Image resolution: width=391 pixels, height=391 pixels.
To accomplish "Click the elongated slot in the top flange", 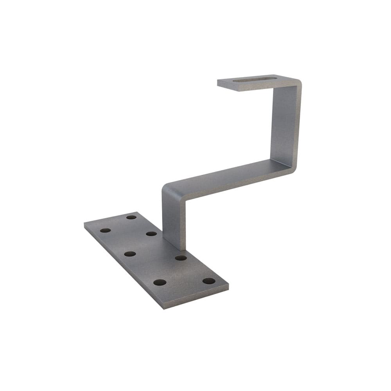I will [x=254, y=80].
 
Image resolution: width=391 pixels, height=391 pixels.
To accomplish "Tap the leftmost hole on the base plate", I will [x=105, y=230].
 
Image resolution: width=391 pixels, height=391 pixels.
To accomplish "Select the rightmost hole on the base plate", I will [x=209, y=281].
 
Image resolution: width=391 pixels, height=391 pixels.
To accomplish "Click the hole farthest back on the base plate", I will [x=131, y=217].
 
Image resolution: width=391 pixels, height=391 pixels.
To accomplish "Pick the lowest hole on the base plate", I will [x=160, y=282].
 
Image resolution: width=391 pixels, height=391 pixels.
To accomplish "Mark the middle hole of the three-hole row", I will [x=130, y=254].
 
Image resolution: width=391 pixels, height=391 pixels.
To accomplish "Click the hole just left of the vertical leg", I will [x=151, y=233].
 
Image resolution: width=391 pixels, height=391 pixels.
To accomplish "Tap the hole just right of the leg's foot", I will [x=181, y=258].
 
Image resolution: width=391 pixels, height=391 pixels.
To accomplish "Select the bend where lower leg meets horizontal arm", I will [x=167, y=188].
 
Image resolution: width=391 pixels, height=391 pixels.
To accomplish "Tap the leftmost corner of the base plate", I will [x=85, y=224].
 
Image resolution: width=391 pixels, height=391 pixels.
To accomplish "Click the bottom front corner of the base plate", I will [x=163, y=307].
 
